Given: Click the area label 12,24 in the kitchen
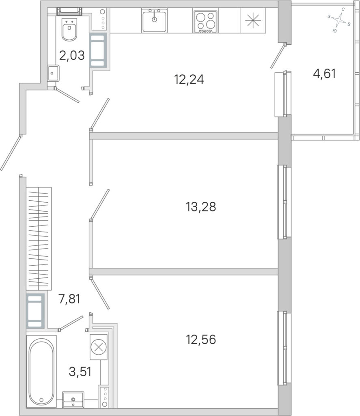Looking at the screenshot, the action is click(x=189, y=79).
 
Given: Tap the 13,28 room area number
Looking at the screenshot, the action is click(x=201, y=207).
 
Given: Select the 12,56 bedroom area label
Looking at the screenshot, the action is click(x=201, y=339).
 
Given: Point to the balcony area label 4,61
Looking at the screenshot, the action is click(x=324, y=74).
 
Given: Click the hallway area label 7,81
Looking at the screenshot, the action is click(x=69, y=299).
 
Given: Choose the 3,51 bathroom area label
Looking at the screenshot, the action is click(x=80, y=371).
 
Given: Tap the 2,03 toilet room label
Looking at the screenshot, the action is click(x=72, y=55).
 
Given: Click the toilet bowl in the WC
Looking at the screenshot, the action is click(x=69, y=29).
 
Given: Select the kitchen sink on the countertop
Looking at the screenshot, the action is click(x=154, y=20).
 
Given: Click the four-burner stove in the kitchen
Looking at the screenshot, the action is click(x=206, y=22).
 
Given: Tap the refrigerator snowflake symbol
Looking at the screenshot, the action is click(x=253, y=20).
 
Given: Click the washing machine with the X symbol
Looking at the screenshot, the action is click(x=98, y=347).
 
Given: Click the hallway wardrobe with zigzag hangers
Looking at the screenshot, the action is click(x=39, y=238).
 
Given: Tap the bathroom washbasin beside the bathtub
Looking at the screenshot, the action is click(x=73, y=399).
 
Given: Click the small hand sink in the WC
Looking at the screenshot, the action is click(x=53, y=73).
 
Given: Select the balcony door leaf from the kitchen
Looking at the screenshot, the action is click(x=278, y=56).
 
